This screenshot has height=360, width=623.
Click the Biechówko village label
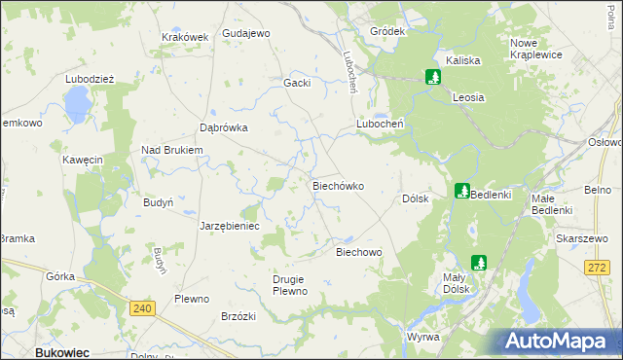[x=338, y=185]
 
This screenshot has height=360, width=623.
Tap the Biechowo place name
[x=358, y=252]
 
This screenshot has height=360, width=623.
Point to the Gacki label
[x=297, y=83]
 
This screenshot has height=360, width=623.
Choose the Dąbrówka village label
[x=224, y=127]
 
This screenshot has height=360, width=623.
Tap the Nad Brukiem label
[x=171, y=150]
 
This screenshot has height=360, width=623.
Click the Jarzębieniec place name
[x=230, y=226]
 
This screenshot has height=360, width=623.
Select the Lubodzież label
[x=91, y=79]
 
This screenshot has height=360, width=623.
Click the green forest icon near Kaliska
[x=432, y=76]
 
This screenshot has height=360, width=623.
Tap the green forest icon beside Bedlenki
[x=462, y=192]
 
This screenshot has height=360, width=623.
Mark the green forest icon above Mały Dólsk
[x=479, y=262]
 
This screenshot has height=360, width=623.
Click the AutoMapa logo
[x=560, y=341]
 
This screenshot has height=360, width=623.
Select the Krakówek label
[x=185, y=37]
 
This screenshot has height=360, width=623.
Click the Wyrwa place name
[x=423, y=337]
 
